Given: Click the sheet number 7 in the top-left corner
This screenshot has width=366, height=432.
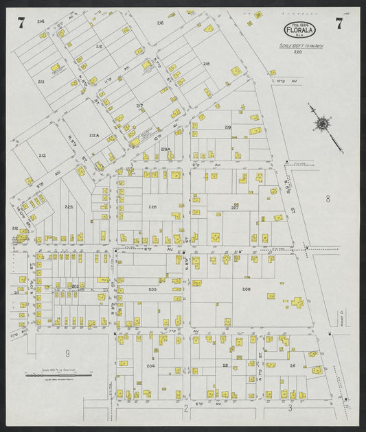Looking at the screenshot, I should point(22,24).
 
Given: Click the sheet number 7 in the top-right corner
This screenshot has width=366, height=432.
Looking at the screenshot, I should point(339,24).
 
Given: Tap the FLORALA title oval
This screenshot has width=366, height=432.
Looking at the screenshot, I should point(299,30).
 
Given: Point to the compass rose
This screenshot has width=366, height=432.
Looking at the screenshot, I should point(321,124).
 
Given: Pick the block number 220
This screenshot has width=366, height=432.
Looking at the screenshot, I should point(298,52).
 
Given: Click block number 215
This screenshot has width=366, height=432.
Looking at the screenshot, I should point(100,47).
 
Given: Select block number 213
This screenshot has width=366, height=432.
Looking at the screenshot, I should point(41,81).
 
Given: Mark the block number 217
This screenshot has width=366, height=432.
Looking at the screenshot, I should point(139,106).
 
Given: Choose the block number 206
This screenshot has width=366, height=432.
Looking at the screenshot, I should point(246,289).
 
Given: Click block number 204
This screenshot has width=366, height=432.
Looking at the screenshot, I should point(150,366).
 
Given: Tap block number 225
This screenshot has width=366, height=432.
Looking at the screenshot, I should point(69,206).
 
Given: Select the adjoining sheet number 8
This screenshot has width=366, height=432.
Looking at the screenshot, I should point(328,199).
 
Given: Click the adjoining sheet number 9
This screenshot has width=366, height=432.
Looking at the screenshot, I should point(67,353).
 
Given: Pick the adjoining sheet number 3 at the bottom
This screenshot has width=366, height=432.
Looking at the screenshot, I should point(290,408).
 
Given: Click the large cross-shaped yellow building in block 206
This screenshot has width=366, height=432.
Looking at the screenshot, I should point(298,302).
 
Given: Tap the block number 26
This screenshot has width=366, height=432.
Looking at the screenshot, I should point(293,365).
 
